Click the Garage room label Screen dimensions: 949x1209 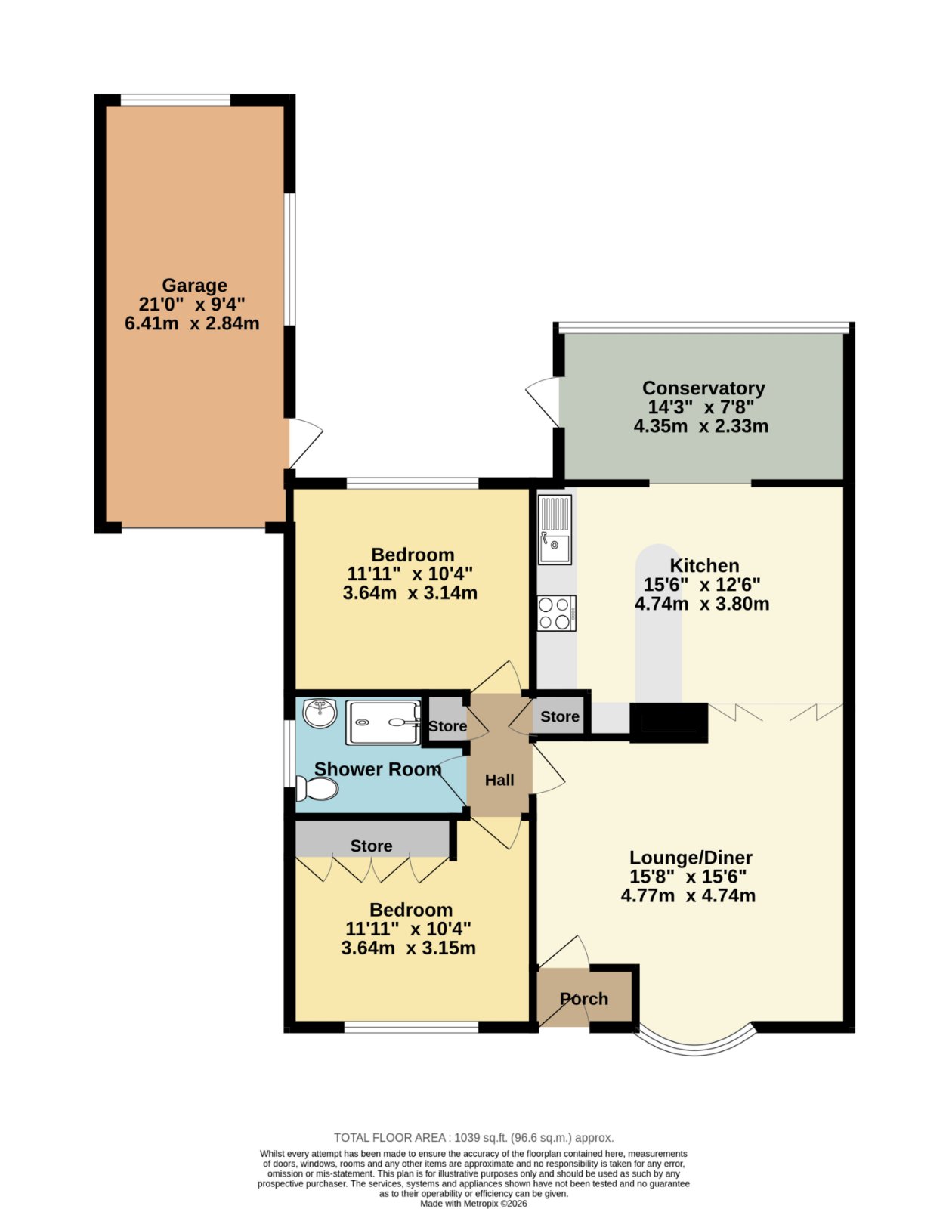point(194,286)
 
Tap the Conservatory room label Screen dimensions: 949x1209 point(703,388)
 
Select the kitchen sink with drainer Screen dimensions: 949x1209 point(555,530)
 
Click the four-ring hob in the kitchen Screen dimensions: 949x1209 point(556,613)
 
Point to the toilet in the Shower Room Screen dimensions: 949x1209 point(317,788)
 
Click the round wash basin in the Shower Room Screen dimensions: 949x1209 point(320,713)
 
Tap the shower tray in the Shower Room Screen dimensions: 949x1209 point(383,722)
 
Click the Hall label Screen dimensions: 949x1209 point(499,780)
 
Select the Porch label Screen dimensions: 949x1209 point(583,999)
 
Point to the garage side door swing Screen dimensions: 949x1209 point(305,443)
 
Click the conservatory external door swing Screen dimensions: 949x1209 point(543,402)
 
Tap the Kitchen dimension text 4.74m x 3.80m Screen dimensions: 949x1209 point(702,604)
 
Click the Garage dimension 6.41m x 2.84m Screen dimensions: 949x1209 point(192,323)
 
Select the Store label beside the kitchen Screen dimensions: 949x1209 point(560,716)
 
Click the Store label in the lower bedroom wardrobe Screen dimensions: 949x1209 point(371,846)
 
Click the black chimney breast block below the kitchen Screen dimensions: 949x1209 point(669,722)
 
